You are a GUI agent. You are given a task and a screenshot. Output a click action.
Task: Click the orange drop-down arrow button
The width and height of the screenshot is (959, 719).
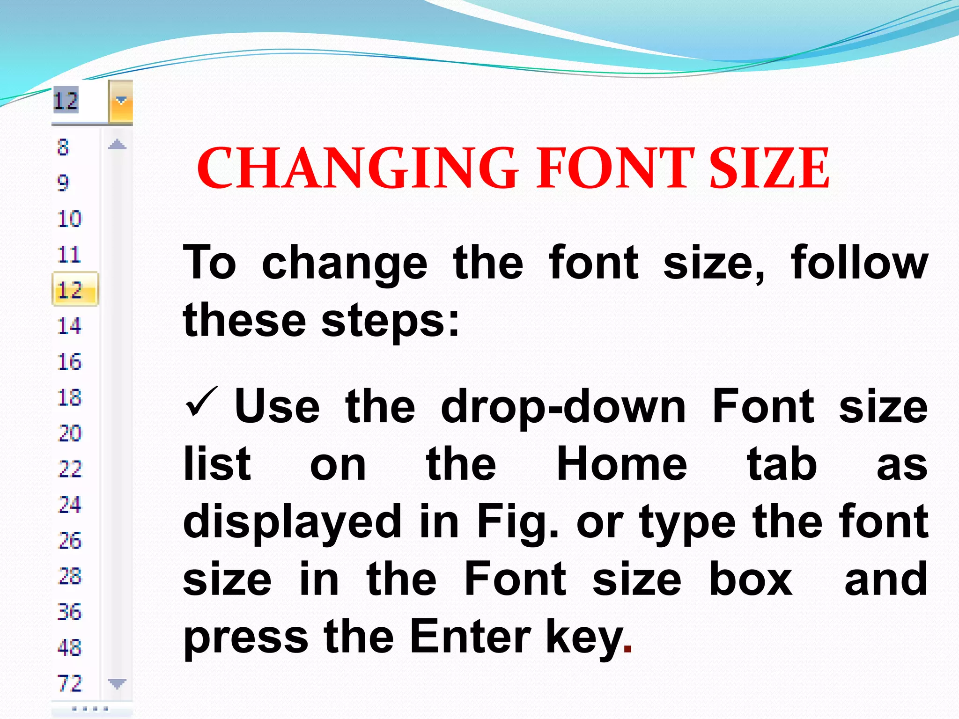[121, 102]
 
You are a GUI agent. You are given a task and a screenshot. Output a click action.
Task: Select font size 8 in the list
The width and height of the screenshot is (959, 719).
[63, 147]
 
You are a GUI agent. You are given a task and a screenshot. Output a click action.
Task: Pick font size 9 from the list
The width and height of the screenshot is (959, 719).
[63, 183]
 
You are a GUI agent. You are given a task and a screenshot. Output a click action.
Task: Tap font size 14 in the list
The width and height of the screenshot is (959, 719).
[69, 326]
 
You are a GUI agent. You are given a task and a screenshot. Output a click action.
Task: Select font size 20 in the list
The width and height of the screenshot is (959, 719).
[70, 433]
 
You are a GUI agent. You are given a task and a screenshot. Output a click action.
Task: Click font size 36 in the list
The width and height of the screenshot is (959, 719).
[69, 612]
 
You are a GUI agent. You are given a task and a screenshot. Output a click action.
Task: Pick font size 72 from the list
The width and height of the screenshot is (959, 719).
[70, 683]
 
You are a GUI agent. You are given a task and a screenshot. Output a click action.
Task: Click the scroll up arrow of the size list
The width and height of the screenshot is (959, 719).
[117, 145]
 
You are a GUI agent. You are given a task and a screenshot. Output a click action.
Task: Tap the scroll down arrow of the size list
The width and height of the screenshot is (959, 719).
[117, 684]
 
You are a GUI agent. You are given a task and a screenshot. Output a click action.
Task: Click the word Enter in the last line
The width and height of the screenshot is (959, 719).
[470, 637]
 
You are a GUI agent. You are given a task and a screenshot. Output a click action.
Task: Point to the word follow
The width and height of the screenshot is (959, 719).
[859, 263]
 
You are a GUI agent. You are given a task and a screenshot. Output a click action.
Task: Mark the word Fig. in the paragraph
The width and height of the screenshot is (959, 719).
[517, 522]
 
